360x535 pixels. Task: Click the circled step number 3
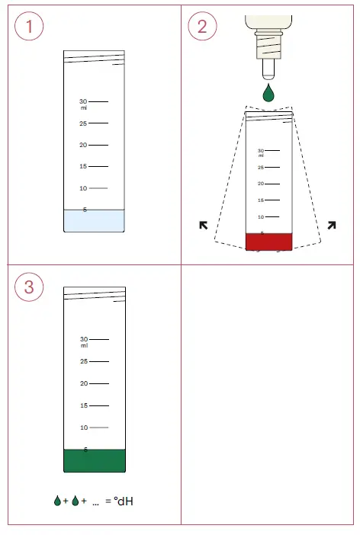tap(30, 287)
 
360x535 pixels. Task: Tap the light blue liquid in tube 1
tap(94, 220)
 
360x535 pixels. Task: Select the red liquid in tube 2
tap(268, 241)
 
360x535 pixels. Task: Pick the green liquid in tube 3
tap(94, 461)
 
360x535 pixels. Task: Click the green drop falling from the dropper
tap(268, 94)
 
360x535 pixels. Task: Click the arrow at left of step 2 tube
tap(204, 225)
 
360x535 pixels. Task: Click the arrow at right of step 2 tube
tap(332, 225)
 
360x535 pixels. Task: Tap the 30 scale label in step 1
tap(83, 101)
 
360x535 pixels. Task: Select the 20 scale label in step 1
tap(83, 145)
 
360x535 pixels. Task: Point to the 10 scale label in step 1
tap(83, 188)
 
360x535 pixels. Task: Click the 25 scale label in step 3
tap(84, 361)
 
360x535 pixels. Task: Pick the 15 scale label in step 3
tap(84, 405)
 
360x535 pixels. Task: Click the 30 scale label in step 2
tap(260, 151)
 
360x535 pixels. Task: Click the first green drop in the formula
tap(57, 501)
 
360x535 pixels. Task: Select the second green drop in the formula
tap(75, 501)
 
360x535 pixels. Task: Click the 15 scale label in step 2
tap(260, 200)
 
